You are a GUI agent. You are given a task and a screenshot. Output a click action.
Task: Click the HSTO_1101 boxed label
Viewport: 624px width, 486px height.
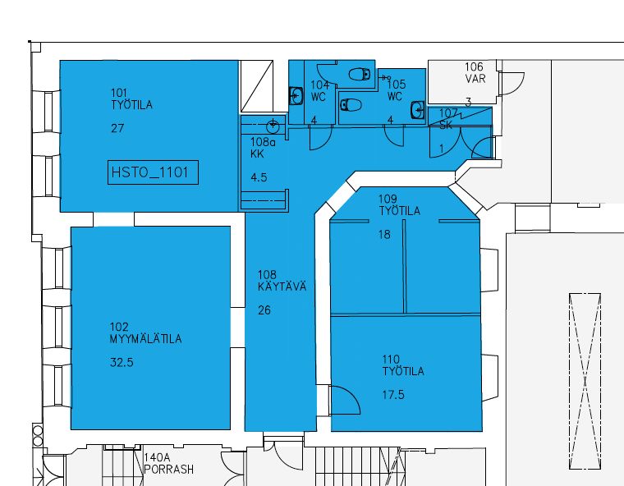click(x=153, y=172)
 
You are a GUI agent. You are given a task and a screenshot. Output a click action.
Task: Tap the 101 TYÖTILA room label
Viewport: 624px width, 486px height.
click(x=131, y=99)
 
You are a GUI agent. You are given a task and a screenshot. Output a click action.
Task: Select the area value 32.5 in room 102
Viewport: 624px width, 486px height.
click(x=122, y=363)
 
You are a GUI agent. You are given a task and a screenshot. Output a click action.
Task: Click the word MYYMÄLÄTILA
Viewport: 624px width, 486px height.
click(x=145, y=339)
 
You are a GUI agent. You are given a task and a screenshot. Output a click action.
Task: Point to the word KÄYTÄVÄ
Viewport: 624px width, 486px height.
click(x=282, y=287)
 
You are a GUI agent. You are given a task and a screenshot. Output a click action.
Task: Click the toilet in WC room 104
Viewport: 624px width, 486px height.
click(x=360, y=74)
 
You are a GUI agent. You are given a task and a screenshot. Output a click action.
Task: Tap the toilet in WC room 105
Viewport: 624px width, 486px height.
click(x=351, y=105)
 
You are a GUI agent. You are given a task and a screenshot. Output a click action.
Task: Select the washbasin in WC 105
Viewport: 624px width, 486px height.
click(x=417, y=110)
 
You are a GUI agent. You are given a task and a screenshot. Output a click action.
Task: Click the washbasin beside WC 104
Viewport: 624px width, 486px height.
click(x=296, y=96)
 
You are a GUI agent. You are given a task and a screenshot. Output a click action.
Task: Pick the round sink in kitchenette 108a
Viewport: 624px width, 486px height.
click(x=273, y=127)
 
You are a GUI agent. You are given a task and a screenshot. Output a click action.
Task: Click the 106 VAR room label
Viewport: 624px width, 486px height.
click(x=475, y=72)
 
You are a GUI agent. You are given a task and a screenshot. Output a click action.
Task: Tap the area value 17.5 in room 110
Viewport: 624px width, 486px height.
click(x=393, y=395)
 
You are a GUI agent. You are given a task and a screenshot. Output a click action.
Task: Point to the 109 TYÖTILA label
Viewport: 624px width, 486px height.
click(x=399, y=205)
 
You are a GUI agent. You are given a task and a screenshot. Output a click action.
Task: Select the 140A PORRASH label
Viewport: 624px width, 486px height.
click(x=169, y=464)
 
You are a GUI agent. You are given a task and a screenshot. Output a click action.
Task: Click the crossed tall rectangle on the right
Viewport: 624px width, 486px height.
click(x=585, y=381)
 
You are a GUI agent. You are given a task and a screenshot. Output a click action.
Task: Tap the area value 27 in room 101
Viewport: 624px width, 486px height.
click(x=117, y=128)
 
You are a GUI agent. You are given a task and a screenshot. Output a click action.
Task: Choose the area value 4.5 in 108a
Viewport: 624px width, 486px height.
click(x=259, y=177)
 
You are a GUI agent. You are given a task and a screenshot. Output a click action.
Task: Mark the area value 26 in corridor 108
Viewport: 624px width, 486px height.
click(x=264, y=310)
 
